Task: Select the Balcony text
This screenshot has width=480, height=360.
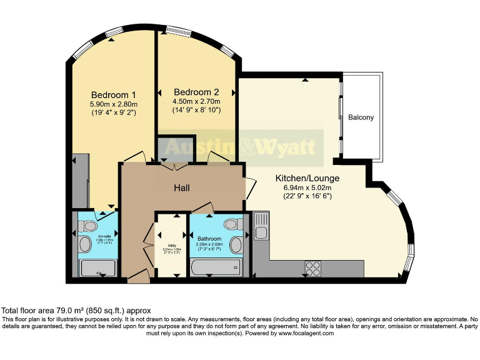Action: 361,117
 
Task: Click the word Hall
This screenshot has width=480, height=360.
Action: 181,187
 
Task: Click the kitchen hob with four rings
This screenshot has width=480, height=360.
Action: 312,267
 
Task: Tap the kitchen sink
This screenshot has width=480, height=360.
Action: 261,226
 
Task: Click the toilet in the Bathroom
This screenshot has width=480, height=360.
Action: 231,224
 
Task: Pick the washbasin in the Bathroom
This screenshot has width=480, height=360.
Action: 236,245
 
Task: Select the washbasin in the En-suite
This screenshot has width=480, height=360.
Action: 84,244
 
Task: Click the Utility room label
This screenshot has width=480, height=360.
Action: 171,246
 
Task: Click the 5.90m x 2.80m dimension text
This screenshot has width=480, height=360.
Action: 114,104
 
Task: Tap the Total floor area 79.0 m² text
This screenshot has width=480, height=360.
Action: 76,311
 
